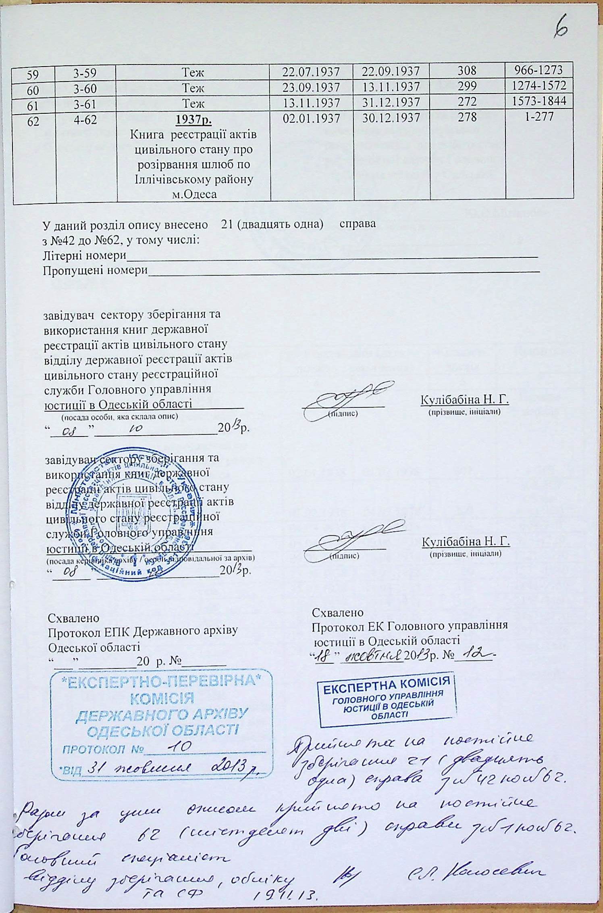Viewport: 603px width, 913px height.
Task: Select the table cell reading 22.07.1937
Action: pyautogui.click(x=311, y=72)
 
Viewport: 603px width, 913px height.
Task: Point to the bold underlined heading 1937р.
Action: pyautogui.click(x=193, y=120)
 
